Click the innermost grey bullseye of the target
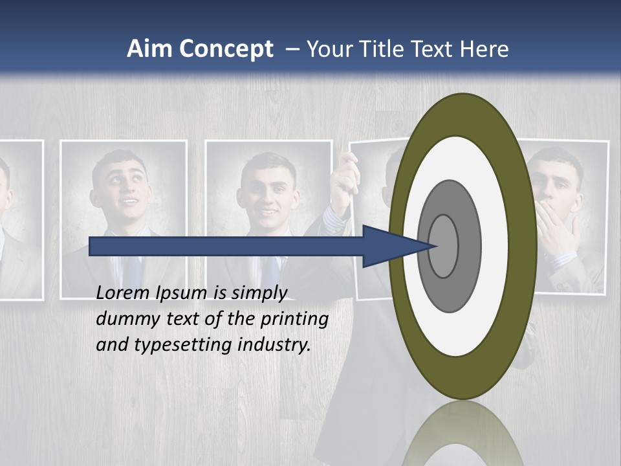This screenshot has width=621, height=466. [x=444, y=246]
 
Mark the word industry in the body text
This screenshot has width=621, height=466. [x=274, y=345]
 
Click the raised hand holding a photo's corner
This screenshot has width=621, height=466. [x=344, y=178]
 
